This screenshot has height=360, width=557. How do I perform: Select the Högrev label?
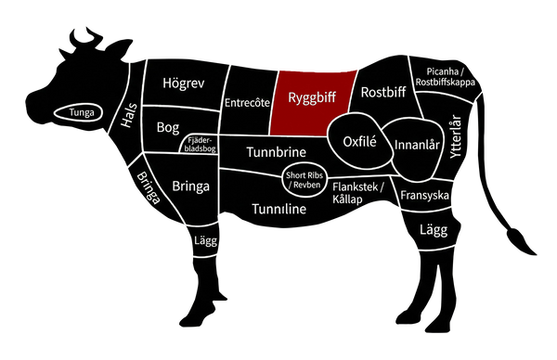click(x=183, y=84)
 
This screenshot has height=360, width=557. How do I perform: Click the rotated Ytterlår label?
click(x=455, y=141)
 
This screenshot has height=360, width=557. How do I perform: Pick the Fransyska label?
click(x=424, y=196)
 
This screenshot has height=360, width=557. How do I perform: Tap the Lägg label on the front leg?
click(x=204, y=242)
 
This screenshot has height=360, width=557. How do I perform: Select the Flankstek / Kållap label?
click(x=358, y=193)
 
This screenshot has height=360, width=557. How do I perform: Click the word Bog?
click(x=168, y=125)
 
